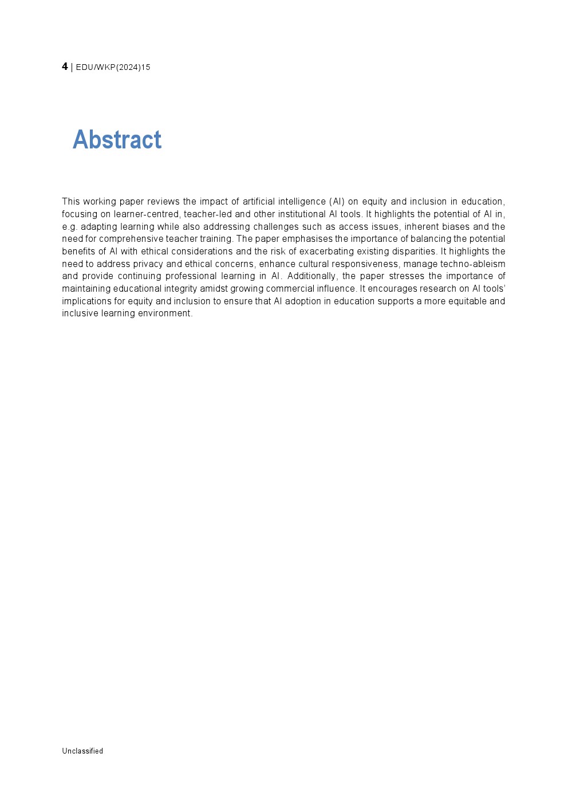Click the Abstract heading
117,139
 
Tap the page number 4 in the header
65,66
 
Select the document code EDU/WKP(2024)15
113,67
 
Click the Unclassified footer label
82,751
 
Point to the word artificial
258,202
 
